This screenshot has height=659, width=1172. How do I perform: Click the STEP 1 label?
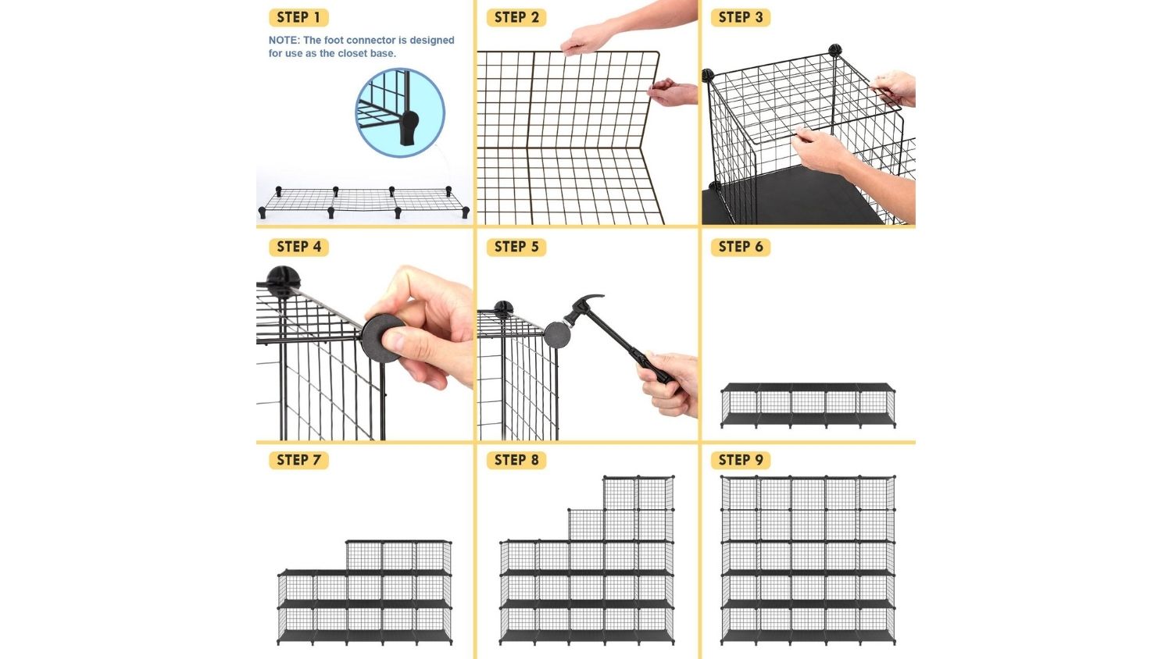point(298,17)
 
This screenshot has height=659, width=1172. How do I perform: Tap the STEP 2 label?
point(516,17)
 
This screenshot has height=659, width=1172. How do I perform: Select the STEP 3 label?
point(741,17)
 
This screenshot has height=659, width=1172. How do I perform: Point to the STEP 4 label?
point(298,247)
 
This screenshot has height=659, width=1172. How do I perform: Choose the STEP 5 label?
point(516,247)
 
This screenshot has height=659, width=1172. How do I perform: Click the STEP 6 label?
point(741,247)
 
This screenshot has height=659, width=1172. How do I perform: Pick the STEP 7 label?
point(298,460)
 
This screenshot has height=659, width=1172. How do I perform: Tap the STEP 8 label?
point(516,460)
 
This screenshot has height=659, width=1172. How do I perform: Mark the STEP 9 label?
point(741,460)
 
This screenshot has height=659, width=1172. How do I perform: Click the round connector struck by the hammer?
point(556,335)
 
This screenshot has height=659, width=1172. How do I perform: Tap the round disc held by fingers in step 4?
point(381,338)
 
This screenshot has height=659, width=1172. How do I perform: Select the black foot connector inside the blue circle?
point(409,127)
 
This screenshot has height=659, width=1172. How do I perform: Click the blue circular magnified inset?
point(400,112)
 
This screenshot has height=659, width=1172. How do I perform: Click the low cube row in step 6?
point(808,405)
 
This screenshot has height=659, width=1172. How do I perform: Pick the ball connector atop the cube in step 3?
point(834,50)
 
